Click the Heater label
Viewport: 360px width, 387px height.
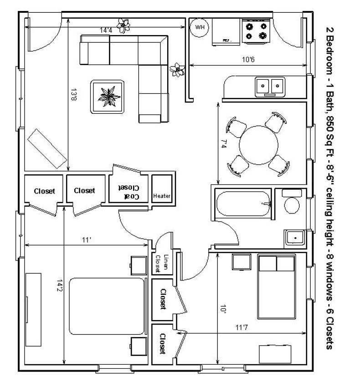coord(162,196)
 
